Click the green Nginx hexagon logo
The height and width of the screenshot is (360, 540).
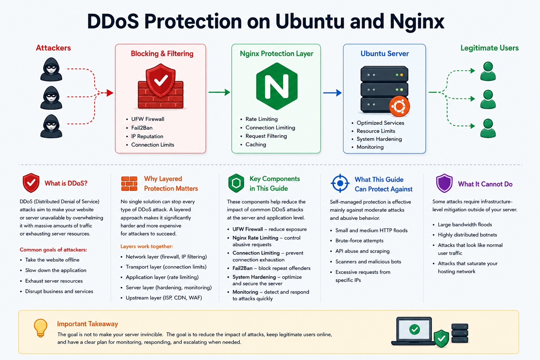(x=277, y=86)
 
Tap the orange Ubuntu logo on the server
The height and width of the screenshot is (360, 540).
(x=399, y=106)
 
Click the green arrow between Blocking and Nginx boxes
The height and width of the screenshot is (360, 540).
(x=219, y=92)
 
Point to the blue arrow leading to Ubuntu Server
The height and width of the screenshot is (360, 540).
(x=333, y=92)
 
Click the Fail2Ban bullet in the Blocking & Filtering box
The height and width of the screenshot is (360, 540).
(x=142, y=128)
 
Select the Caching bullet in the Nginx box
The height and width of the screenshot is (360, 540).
(x=256, y=144)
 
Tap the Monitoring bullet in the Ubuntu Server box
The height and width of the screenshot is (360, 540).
(x=370, y=147)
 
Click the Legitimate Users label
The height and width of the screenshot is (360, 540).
(x=489, y=48)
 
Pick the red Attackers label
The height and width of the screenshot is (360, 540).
(x=53, y=48)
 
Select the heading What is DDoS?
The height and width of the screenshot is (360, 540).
(x=66, y=183)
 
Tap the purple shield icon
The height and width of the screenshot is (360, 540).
(x=444, y=183)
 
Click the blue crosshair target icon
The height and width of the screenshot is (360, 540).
(x=340, y=183)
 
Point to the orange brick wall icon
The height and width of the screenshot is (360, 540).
(x=129, y=184)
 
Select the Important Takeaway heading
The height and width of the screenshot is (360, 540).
(x=88, y=324)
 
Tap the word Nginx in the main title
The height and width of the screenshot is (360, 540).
(x=417, y=22)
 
